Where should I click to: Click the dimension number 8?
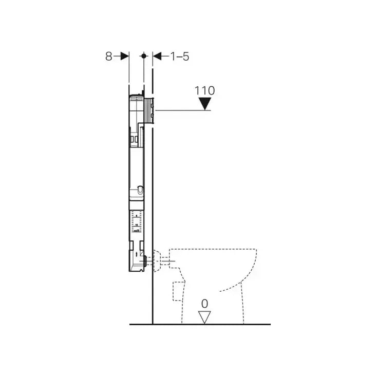(108, 57)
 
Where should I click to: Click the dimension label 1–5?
(180, 57)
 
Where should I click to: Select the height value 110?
(204, 90)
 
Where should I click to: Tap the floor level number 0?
(204, 304)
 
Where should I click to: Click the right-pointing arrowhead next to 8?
(125, 57)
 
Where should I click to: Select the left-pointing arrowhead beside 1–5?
(157, 57)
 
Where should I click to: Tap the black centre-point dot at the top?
(144, 56)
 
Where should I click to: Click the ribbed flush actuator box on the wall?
(149, 111)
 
